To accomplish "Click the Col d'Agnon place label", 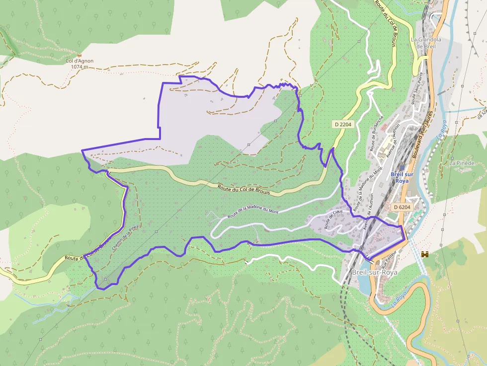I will [x=80, y=61].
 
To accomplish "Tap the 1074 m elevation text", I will [x=80, y=67].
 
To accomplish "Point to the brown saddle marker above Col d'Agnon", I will [x=79, y=55].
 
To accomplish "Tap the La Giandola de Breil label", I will [x=426, y=43].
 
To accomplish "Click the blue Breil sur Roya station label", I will [x=402, y=177].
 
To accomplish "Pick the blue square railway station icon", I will [x=402, y=168].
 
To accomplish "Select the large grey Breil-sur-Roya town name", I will [x=374, y=273].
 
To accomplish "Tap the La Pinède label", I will [x=462, y=163].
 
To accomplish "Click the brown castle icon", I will [x=425, y=254].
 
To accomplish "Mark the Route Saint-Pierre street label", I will [x=419, y=89].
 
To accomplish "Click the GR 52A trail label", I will [x=481, y=114].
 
